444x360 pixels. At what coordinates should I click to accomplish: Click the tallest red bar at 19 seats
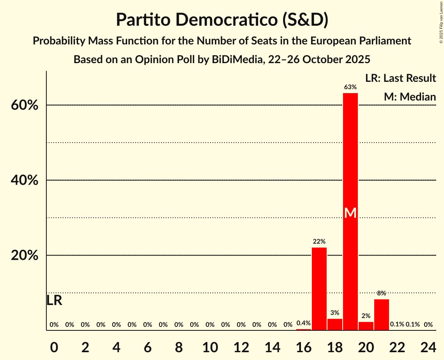(x=350, y=164)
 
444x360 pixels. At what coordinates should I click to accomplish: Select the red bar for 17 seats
(x=319, y=289)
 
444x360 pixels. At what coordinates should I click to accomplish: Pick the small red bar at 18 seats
(x=334, y=325)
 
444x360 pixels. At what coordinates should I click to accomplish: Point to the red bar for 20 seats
(x=366, y=326)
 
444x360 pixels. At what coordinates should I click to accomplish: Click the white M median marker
(x=350, y=213)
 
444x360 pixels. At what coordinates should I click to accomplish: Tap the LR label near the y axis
(x=54, y=300)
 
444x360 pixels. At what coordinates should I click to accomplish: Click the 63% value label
(x=350, y=87)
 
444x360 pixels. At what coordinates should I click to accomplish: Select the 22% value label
(x=319, y=242)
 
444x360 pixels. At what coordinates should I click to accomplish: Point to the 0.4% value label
(x=303, y=323)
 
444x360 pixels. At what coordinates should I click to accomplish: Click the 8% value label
(x=381, y=293)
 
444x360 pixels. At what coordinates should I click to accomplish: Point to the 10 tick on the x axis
(x=210, y=346)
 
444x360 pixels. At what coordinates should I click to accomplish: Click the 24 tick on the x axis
(x=428, y=346)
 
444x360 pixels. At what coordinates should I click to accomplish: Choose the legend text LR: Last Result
(x=400, y=78)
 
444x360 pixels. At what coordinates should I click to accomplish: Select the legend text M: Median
(x=409, y=97)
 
